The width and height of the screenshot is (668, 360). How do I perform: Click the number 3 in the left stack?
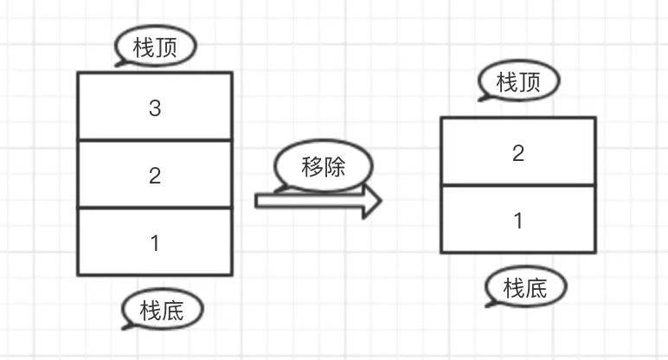(x=155, y=109)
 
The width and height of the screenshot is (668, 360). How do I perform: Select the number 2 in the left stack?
(x=155, y=177)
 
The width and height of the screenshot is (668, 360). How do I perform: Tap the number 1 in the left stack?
(x=155, y=243)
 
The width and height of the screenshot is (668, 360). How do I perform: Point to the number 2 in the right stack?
(x=518, y=154)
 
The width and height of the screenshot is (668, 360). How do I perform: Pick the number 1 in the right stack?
(x=518, y=221)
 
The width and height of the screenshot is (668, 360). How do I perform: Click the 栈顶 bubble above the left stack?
(x=156, y=48)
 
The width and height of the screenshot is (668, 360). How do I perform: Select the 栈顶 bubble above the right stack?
(x=518, y=82)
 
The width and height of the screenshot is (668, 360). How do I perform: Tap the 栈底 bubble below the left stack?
(x=162, y=310)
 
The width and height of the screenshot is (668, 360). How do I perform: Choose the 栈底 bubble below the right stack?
(x=526, y=287)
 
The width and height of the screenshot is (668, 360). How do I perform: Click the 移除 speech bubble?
(x=324, y=166)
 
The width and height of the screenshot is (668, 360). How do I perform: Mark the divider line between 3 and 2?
(x=155, y=139)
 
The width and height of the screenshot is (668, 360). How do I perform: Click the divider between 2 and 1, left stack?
(x=155, y=208)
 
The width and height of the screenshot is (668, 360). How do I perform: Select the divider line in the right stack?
(x=518, y=185)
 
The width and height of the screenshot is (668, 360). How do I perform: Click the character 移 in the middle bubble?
(x=312, y=166)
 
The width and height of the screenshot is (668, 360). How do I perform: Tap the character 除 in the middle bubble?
(x=335, y=166)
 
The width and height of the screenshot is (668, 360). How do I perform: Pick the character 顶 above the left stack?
(x=167, y=48)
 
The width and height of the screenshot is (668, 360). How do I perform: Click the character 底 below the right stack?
(x=537, y=287)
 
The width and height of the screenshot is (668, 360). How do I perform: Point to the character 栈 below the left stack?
(x=151, y=310)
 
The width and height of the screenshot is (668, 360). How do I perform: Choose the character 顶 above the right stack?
(x=530, y=82)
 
